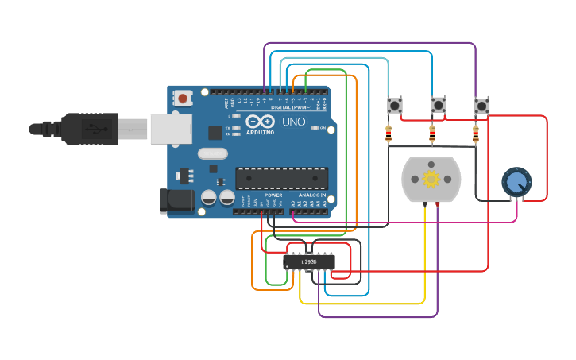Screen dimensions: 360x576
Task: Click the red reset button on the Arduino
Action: [183, 99]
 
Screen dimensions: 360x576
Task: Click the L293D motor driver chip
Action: [309, 261]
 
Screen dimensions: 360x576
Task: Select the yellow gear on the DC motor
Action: [431, 179]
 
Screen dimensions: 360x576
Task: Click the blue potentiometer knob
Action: [516, 182]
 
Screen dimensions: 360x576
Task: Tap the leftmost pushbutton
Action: [395, 105]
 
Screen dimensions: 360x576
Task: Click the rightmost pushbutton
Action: [481, 106]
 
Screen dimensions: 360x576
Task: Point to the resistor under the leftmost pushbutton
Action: [389, 134]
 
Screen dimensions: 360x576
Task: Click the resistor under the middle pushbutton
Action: [432, 134]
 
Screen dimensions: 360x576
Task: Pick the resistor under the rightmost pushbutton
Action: [476, 134]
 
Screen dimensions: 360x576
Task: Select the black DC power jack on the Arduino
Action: [176, 200]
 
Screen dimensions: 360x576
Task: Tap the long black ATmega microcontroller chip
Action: [281, 178]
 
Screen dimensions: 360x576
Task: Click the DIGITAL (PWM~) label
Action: [291, 107]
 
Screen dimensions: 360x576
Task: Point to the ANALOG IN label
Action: [312, 195]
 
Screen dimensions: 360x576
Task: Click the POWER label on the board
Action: [273, 195]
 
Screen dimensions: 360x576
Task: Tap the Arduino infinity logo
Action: [260, 122]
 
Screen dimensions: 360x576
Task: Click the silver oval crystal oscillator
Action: [212, 153]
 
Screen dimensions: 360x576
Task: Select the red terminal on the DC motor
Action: [438, 205]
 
